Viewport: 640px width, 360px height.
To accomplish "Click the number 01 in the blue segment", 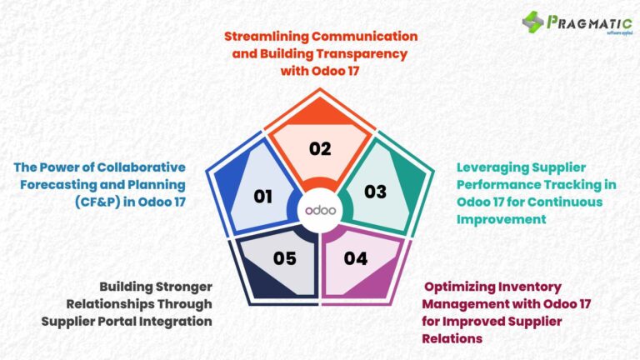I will tap(263, 197).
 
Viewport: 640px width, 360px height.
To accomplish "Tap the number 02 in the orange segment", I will tap(320, 149).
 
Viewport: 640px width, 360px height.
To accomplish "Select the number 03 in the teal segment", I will tap(376, 192).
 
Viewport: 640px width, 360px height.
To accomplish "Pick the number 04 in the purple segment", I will tap(356, 258).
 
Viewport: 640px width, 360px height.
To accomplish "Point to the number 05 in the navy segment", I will tap(285, 258).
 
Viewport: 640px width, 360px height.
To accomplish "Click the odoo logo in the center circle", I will tap(320, 210).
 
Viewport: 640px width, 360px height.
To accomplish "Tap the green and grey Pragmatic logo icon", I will tap(533, 22).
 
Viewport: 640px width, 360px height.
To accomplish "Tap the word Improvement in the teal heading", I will tap(501, 219).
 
